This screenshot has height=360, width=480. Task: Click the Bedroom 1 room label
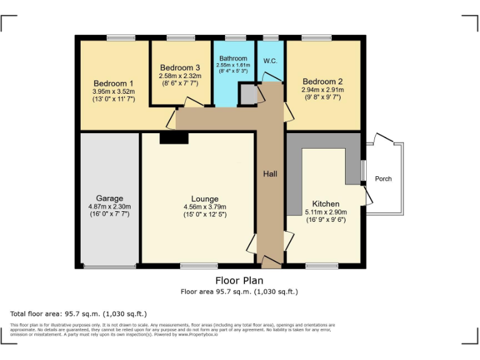(x=113, y=83)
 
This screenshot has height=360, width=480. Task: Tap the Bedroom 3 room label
(x=180, y=67)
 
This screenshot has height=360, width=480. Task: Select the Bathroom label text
(x=232, y=59)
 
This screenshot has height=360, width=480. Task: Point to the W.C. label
(x=270, y=61)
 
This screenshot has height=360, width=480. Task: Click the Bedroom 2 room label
(x=322, y=81)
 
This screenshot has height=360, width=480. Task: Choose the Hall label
(x=270, y=174)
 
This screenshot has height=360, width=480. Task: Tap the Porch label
(x=383, y=179)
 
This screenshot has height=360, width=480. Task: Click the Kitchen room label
(x=326, y=204)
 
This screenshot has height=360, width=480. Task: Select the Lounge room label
(x=204, y=199)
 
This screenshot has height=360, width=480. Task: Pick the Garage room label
(x=109, y=199)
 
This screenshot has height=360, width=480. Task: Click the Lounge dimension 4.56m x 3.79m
(x=204, y=207)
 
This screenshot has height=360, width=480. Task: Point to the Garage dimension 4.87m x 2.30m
(x=109, y=207)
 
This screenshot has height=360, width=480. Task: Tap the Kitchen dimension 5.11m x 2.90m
(x=326, y=212)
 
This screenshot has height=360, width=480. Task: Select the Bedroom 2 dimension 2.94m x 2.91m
(x=322, y=89)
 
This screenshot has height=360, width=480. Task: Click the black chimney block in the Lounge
(x=174, y=138)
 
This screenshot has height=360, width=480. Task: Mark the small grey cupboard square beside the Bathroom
(x=248, y=95)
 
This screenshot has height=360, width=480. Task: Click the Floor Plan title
(x=239, y=281)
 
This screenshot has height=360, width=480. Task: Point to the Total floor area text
(x=78, y=314)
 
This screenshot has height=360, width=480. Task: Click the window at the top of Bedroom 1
(x=121, y=37)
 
